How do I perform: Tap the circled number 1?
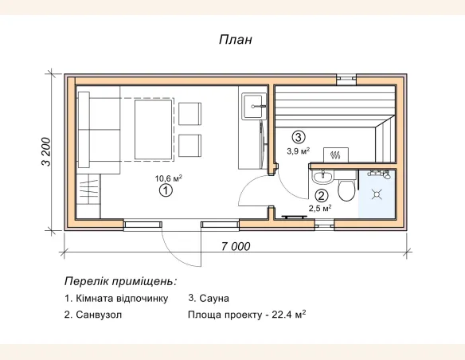point(166,190)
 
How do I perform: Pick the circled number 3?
point(298,136)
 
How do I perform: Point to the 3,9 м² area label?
point(299,150)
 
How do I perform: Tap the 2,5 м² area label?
point(320,209)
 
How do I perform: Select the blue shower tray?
point(377,194)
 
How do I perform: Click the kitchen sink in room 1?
point(255,103)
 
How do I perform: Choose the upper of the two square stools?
point(191,114)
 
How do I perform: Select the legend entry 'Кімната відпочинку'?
point(116,298)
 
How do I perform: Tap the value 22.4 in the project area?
point(282,315)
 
